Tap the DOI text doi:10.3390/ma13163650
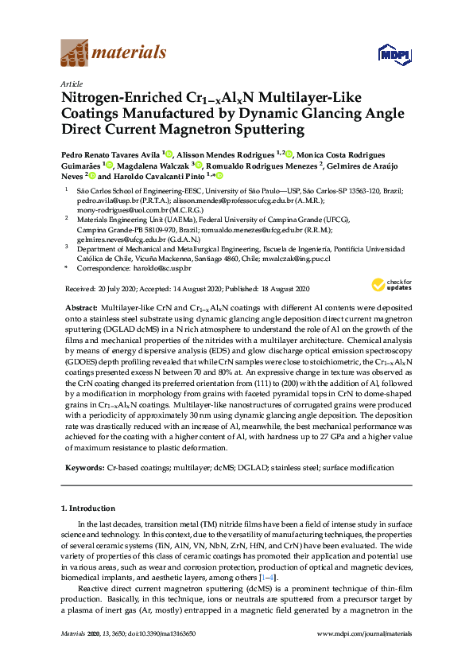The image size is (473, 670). click(169, 656)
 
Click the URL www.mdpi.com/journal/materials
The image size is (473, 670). click(364, 656)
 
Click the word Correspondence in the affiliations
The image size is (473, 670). click(102, 269)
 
